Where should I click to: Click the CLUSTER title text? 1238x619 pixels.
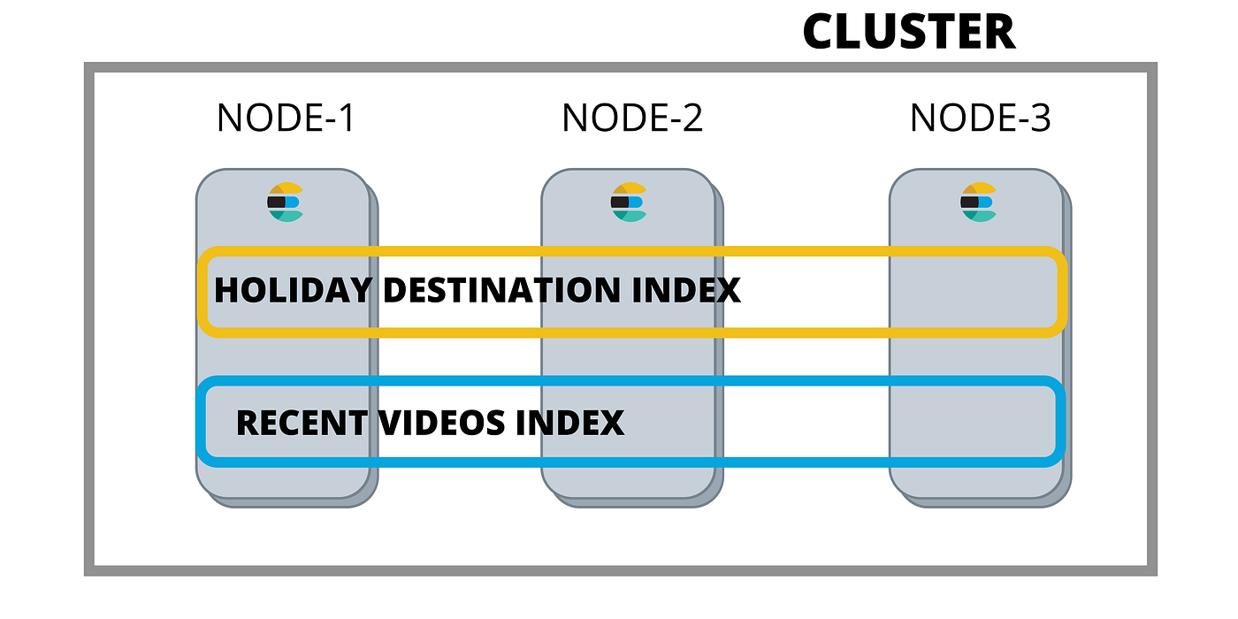coord(909,32)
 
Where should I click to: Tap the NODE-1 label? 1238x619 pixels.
coord(285,118)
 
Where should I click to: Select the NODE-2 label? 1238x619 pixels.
coord(632,118)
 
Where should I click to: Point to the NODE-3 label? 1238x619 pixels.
coord(980,118)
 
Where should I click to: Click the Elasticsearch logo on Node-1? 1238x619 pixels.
coord(285,202)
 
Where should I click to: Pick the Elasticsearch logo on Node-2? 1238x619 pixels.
coord(629,202)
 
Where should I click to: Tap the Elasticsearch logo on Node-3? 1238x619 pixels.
coord(979,202)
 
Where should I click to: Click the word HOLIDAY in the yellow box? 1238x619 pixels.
coord(294,290)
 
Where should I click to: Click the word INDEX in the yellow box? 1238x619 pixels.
coord(686,290)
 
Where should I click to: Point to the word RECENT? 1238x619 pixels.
coord(302,423)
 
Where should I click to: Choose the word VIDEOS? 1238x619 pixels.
coord(442,423)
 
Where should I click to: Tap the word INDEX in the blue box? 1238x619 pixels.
coord(569,423)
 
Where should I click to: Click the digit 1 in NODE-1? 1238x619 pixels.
coord(347,118)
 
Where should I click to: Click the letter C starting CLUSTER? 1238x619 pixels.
coord(819,32)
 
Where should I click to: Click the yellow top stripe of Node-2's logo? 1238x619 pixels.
coord(630,187)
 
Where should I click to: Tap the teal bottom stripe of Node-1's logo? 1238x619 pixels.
coord(287,216)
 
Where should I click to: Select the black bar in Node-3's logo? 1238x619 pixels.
coord(969,202)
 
